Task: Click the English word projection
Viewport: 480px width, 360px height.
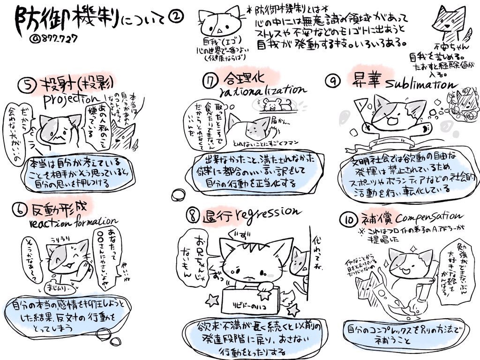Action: click(x=70, y=102)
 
